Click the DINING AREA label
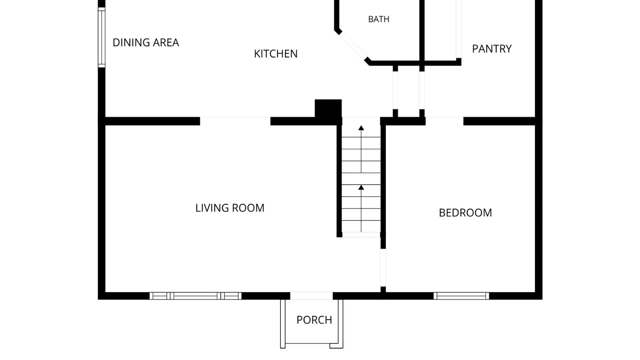146,43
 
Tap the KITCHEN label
276,54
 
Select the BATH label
379,19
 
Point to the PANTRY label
492,49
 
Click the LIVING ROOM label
230,208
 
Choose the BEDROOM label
465,213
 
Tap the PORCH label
314,320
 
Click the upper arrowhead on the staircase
361,128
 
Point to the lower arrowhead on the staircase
361,188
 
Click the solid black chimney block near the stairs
328,108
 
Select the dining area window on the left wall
102,37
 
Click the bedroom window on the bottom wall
461,296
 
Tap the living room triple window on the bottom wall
195,296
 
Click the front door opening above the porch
311,296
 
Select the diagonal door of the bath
353,46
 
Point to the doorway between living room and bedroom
383,268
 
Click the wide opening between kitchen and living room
235,121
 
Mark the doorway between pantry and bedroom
444,121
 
